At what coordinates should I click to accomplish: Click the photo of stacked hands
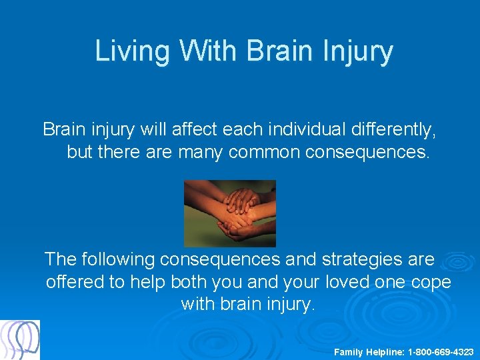[229, 213]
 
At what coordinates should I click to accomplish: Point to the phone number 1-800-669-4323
[441, 351]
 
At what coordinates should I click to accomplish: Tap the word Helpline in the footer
[384, 351]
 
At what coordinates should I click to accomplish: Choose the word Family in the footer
[349, 351]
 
